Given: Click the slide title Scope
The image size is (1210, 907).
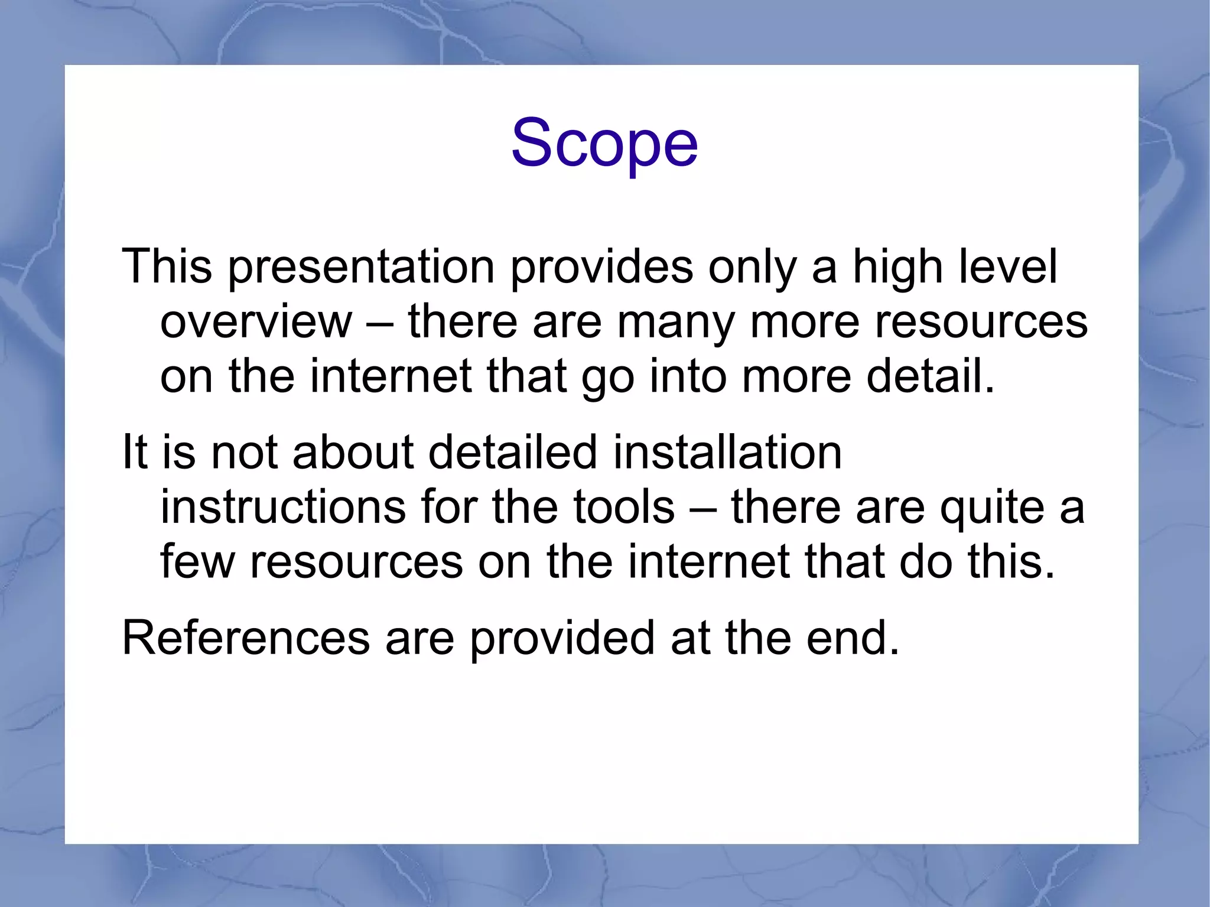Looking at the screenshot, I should point(604,144).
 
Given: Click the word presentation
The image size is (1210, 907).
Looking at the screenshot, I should point(361,267).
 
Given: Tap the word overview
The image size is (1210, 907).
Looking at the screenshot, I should point(256,322).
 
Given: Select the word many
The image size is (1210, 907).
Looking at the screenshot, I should point(676,322).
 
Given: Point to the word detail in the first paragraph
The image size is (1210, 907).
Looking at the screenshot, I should point(930,376).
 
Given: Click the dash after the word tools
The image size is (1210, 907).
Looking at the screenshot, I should point(703,509).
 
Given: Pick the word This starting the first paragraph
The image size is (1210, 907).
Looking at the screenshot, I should point(167,267).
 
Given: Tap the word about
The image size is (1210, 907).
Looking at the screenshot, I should point(353,453).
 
